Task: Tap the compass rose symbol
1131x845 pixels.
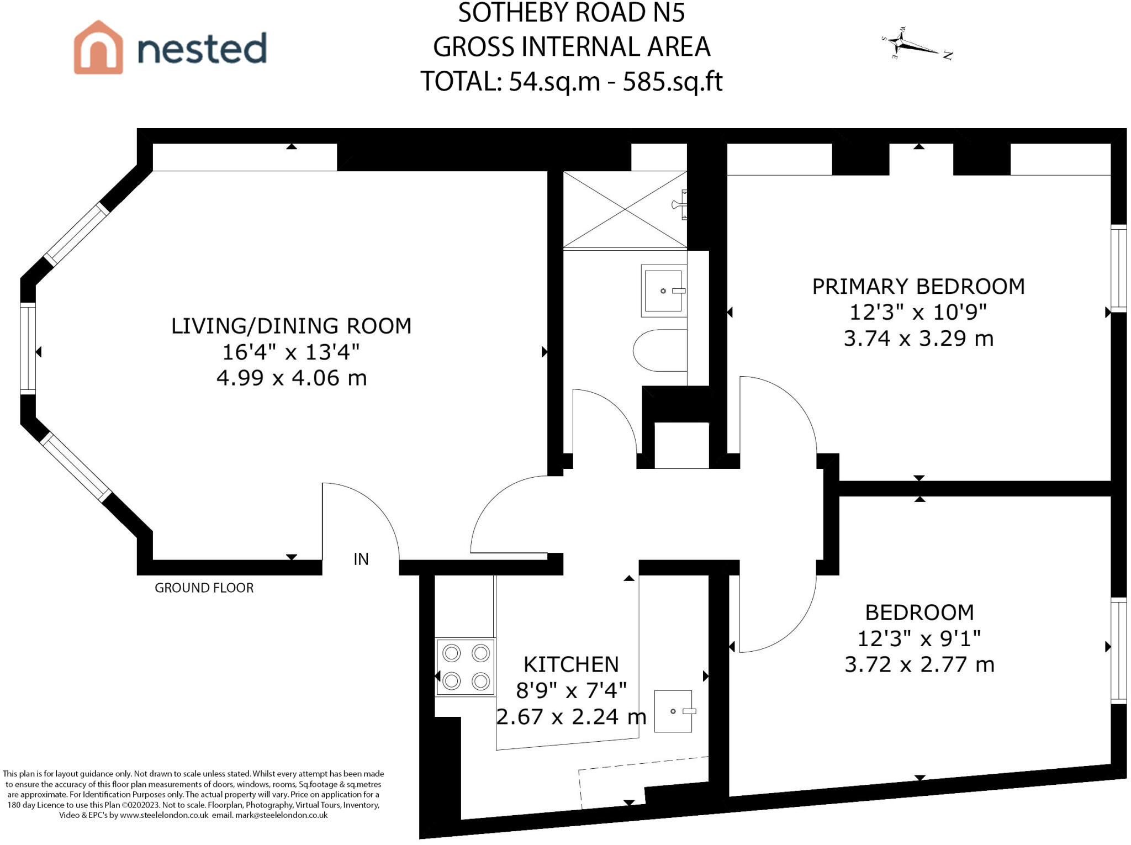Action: point(916,44)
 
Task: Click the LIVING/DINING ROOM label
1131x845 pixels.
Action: point(291,326)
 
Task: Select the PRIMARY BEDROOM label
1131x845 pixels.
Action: point(918,286)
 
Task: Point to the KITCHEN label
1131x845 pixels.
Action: point(571,664)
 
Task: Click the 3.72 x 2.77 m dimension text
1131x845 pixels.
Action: point(919,664)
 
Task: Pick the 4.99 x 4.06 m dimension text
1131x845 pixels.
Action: point(292,378)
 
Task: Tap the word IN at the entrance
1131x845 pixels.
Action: point(361,559)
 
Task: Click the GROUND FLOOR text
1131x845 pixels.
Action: point(204,588)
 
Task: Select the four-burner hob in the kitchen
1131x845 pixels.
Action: point(466,667)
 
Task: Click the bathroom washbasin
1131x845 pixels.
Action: point(664,291)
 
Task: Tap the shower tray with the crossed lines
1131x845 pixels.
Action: point(625,210)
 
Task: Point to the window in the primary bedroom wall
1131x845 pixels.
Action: point(1118,268)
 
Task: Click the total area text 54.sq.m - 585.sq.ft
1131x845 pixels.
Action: point(615,82)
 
